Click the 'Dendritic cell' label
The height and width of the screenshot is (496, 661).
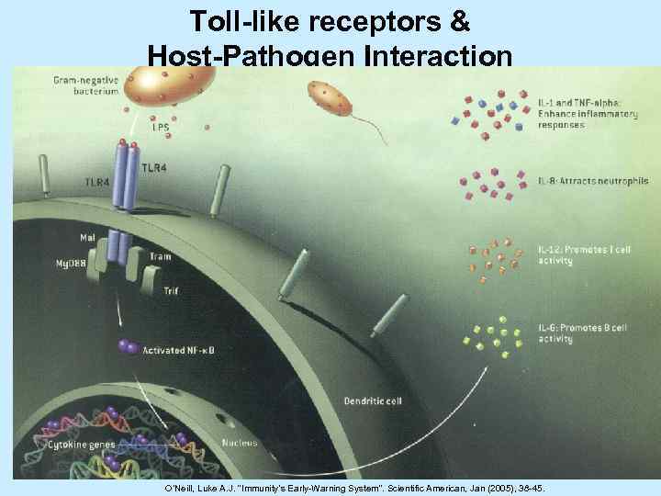point(371,400)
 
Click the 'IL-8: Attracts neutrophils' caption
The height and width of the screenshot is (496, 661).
point(592,181)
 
